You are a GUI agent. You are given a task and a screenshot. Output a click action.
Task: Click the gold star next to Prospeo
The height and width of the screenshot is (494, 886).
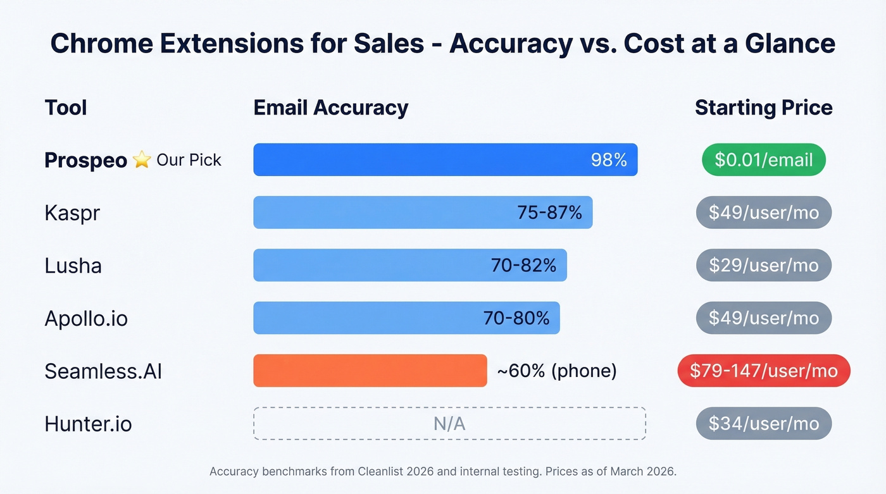[x=142, y=160]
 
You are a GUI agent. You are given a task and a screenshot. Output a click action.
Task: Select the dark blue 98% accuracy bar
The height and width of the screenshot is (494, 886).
[x=418, y=159]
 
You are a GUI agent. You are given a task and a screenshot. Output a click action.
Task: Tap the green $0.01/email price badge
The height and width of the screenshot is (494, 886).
[x=764, y=159]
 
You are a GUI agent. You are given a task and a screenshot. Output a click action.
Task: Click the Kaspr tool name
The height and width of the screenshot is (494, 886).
[x=72, y=213]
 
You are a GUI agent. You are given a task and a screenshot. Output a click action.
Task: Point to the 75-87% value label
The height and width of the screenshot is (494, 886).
[x=549, y=213]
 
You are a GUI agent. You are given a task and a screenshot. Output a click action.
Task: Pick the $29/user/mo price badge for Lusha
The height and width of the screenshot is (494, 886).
[x=764, y=265]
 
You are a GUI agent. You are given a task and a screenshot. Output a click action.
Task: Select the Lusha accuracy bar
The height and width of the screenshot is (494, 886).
[x=380, y=265]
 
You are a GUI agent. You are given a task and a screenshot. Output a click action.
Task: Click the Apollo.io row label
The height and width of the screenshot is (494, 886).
[x=86, y=318]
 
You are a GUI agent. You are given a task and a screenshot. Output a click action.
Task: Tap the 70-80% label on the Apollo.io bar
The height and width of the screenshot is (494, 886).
[x=516, y=318]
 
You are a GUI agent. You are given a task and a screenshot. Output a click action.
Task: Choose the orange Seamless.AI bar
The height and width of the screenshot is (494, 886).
[x=370, y=371]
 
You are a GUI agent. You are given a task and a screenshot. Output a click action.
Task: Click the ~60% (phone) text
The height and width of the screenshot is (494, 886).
[x=557, y=371]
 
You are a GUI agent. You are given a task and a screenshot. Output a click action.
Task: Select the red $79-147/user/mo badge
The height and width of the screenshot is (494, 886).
[x=764, y=371]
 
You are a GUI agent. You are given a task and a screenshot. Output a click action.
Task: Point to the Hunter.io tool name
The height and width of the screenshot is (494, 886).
[x=88, y=424]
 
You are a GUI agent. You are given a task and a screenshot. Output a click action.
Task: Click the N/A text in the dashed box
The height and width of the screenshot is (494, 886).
[x=449, y=424]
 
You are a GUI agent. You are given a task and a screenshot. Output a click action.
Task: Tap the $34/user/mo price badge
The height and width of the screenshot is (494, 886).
[x=764, y=424]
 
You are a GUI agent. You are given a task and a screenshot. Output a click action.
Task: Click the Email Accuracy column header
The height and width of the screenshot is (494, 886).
[x=330, y=108]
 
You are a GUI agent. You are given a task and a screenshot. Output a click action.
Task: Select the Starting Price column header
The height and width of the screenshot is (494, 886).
[x=764, y=108]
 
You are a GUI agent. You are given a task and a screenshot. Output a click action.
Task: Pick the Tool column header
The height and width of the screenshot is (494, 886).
[x=66, y=108]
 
